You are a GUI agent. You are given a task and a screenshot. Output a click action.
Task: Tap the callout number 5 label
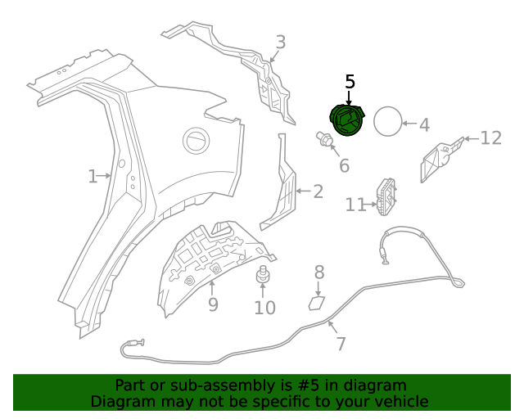click(350, 82)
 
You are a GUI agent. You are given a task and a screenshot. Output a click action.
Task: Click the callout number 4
click(423, 125)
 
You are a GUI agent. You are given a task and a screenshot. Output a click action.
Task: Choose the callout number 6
click(344, 166)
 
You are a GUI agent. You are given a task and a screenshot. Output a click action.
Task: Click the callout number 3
click(280, 42)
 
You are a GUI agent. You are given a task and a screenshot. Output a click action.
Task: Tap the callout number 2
click(318, 192)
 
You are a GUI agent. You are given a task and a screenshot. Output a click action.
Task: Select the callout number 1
click(93, 175)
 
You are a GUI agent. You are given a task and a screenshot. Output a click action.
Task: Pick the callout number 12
click(490, 138)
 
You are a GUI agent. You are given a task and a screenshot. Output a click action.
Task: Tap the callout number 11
click(355, 205)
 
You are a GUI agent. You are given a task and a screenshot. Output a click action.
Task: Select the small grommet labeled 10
click(264, 276)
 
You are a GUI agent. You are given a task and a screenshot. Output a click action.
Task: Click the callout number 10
click(264, 309)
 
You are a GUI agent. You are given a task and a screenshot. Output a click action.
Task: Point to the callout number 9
click(212, 305)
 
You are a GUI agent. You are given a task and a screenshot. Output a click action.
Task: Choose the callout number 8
click(319, 273)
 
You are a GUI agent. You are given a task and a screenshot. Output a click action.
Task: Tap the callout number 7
click(341, 343)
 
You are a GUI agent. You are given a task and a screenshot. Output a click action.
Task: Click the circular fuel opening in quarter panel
click(196, 140)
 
